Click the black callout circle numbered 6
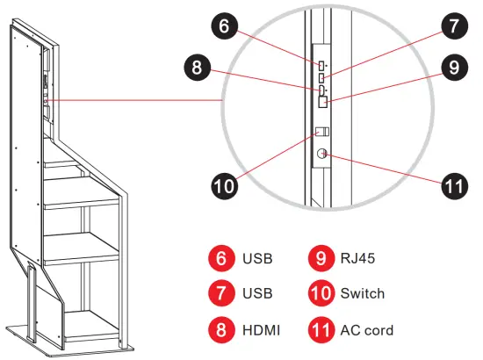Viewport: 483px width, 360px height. (225, 27)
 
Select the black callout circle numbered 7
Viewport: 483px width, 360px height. (454, 27)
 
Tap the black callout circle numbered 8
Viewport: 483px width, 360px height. (199, 67)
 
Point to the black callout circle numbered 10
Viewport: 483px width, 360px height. (225, 185)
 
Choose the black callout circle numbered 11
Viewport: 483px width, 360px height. (454, 185)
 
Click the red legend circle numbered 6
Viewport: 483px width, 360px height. (222, 258)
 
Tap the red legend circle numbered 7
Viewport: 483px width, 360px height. (222, 294)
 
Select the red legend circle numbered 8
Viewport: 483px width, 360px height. (222, 330)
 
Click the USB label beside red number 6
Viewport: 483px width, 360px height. (259, 258)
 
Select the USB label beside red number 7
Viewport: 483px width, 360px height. (259, 294)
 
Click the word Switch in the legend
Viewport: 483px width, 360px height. (363, 294)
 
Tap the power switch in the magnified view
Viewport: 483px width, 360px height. (322, 131)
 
